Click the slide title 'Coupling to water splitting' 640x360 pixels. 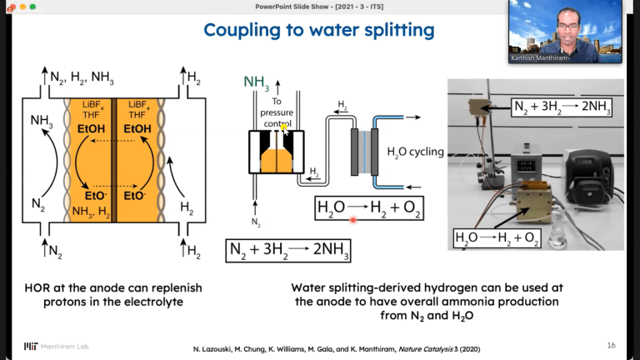click(x=319, y=31)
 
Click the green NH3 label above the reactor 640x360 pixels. click(x=256, y=81)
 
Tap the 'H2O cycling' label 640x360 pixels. click(x=415, y=152)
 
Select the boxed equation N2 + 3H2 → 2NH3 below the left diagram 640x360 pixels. click(x=288, y=250)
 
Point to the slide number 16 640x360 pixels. click(x=611, y=344)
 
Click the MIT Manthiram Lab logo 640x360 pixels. click(x=52, y=345)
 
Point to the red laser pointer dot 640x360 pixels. click(x=353, y=220)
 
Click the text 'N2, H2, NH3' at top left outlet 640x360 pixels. click(x=82, y=79)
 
